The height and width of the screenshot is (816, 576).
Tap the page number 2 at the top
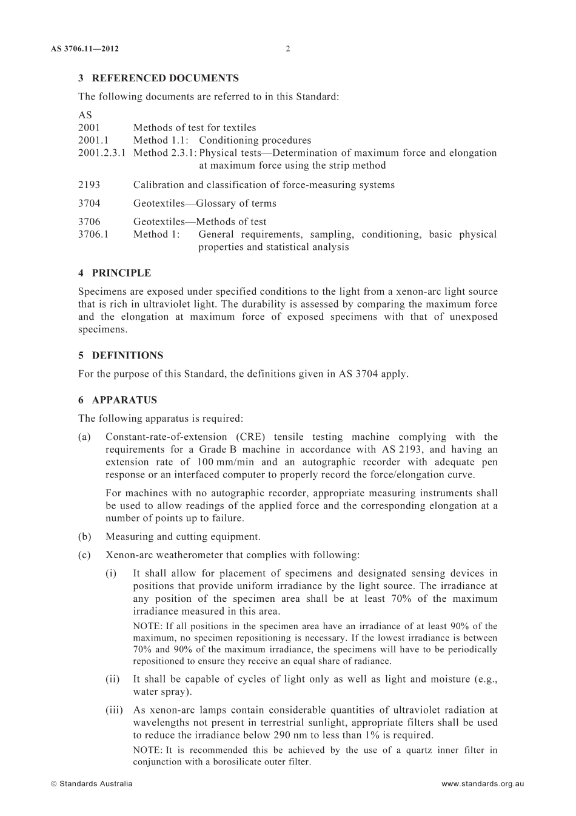(x=287, y=49)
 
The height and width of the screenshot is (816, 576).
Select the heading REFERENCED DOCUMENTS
(x=165, y=78)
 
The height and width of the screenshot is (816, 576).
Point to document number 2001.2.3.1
(x=101, y=153)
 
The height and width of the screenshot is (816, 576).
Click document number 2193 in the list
(x=89, y=185)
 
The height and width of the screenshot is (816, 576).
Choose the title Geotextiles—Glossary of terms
(x=204, y=204)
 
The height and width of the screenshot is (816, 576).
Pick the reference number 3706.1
(x=93, y=235)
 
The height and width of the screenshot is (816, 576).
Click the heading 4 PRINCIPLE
(x=115, y=273)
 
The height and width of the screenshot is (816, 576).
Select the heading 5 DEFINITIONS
(x=121, y=356)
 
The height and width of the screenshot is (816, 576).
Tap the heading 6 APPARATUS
(x=118, y=400)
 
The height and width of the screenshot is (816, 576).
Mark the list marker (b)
(x=85, y=537)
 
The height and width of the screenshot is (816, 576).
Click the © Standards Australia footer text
(x=92, y=784)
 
